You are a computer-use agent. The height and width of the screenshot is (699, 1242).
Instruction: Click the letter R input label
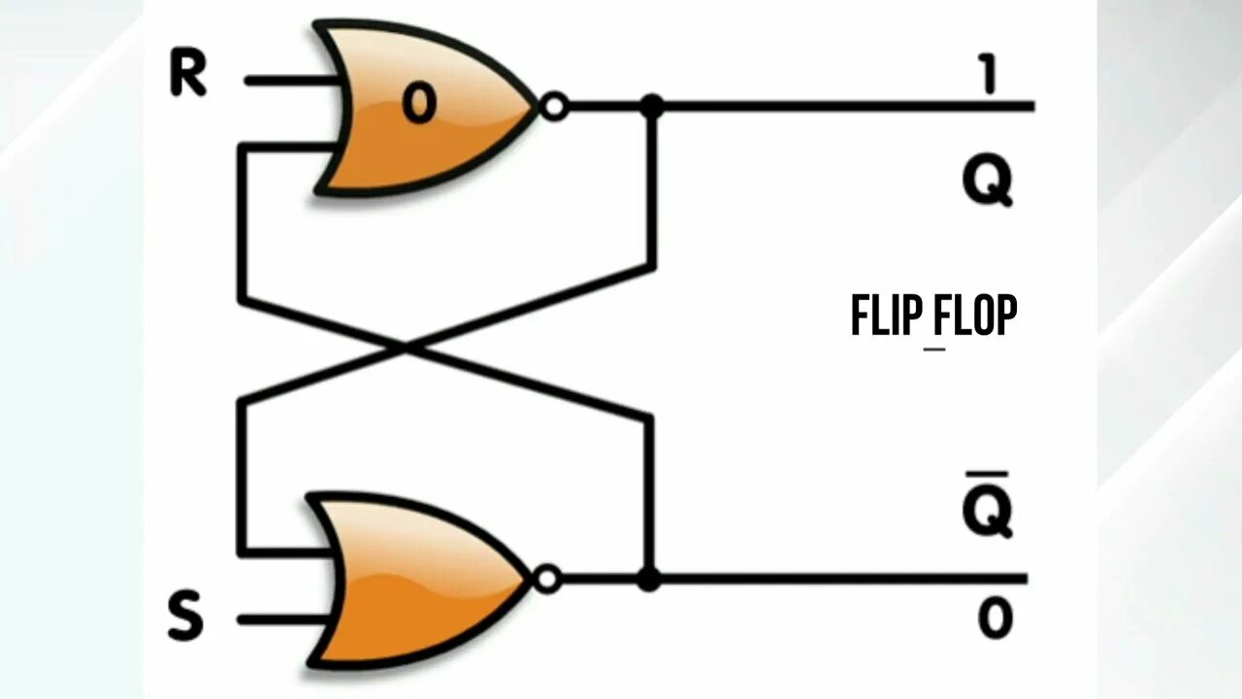pyautogui.click(x=188, y=74)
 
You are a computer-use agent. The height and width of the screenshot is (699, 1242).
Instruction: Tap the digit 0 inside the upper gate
pyautogui.click(x=418, y=104)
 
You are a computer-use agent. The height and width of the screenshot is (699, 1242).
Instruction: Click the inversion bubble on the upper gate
pyautogui.click(x=554, y=106)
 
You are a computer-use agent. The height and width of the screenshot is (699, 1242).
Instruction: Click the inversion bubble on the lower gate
pyautogui.click(x=548, y=580)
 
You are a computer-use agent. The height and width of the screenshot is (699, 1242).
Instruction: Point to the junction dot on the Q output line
pyautogui.click(x=652, y=106)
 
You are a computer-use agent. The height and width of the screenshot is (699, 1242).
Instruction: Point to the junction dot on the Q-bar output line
pyautogui.click(x=649, y=580)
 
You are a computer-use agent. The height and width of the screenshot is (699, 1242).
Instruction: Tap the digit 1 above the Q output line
pyautogui.click(x=989, y=74)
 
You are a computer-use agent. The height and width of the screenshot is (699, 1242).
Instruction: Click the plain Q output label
pyautogui.click(x=988, y=182)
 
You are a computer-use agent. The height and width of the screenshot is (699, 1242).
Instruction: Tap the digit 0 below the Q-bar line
pyautogui.click(x=996, y=618)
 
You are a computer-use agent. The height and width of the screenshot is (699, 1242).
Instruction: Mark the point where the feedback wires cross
pyautogui.click(x=406, y=347)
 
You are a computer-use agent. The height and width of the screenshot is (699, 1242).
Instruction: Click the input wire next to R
pyautogui.click(x=291, y=81)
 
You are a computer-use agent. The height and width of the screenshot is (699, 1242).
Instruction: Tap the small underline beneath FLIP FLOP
pyautogui.click(x=933, y=348)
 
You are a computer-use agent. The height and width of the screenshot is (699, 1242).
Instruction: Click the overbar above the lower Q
pyautogui.click(x=988, y=474)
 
